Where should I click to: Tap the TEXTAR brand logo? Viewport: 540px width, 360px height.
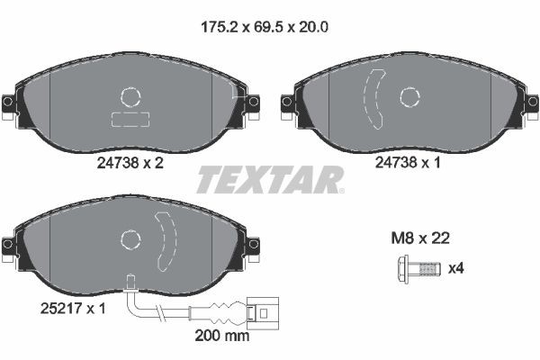[x=270, y=179]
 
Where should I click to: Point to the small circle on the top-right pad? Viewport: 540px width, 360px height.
[x=410, y=96]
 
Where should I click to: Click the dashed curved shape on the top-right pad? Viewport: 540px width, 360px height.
[x=373, y=99]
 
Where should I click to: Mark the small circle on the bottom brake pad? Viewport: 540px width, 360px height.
[x=130, y=238]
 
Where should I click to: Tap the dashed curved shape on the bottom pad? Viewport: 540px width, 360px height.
[x=166, y=240]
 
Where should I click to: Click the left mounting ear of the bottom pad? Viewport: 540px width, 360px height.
[x=9, y=245]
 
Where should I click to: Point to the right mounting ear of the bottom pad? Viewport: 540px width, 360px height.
[x=253, y=245]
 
